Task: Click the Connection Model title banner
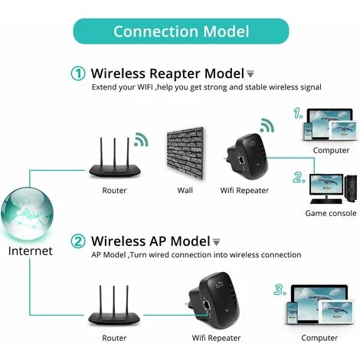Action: [x=181, y=31]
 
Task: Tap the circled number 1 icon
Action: [x=78, y=74]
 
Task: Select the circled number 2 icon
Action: [x=78, y=241]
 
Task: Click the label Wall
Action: [x=185, y=189]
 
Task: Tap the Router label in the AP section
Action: [x=114, y=337]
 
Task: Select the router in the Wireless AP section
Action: [x=114, y=306]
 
